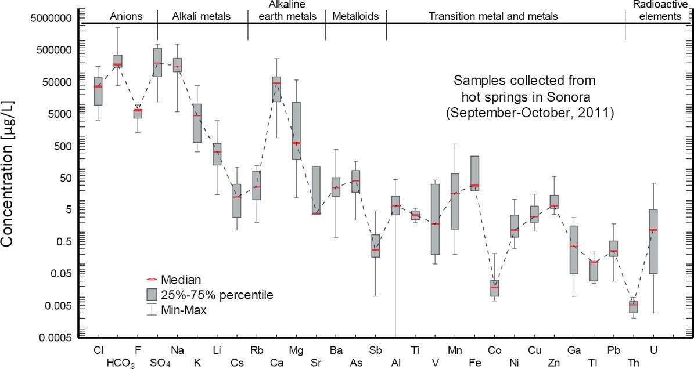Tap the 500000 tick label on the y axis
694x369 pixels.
click(52, 50)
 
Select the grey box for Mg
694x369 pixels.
click(296, 131)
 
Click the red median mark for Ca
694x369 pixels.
click(276, 84)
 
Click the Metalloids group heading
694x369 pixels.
click(355, 16)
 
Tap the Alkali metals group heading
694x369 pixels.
click(202, 16)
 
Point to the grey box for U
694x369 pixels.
click(653, 241)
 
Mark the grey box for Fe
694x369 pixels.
click(474, 173)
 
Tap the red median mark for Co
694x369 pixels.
click(494, 287)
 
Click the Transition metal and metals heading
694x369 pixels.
click(493, 16)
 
